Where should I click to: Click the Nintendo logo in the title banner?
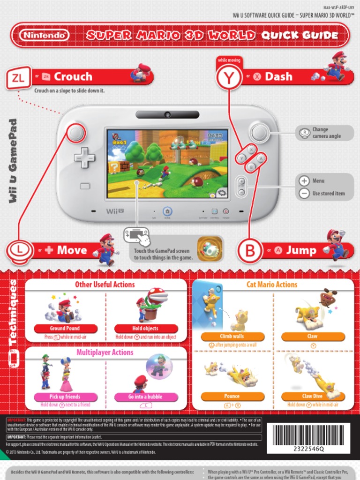click(45, 35)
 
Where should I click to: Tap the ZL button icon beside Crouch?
click(18, 78)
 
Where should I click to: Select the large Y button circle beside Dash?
click(229, 77)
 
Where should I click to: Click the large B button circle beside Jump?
click(250, 251)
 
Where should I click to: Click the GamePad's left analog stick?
click(75, 133)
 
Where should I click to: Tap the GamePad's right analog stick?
click(259, 133)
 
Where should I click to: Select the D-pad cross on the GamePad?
click(84, 157)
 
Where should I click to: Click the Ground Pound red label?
click(65, 329)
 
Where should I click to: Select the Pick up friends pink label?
click(65, 397)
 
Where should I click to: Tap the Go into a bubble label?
click(145, 397)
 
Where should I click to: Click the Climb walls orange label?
click(232, 337)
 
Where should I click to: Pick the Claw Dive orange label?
click(312, 397)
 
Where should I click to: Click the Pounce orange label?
click(232, 397)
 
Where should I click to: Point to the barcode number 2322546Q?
click(308, 449)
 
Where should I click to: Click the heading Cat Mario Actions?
click(272, 285)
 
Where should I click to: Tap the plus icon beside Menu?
click(304, 181)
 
